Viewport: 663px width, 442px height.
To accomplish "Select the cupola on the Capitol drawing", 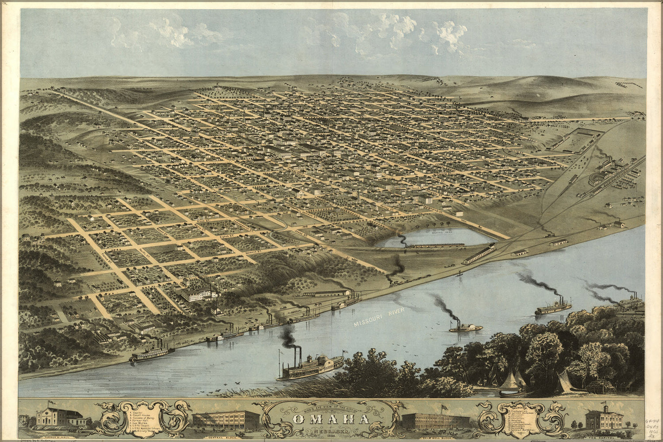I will point(605,407).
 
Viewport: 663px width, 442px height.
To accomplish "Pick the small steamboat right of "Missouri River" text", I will point(465,328).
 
